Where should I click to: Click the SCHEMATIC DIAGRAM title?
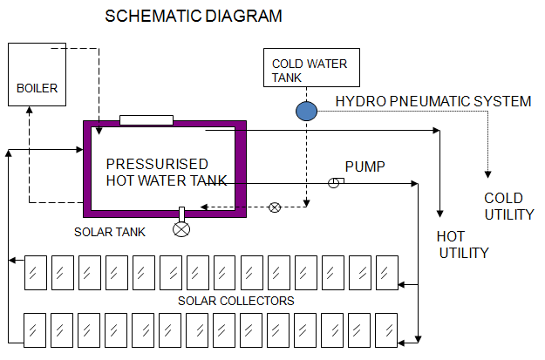coord(194,17)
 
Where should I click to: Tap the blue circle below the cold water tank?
coord(306,111)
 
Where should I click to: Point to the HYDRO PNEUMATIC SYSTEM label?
coord(433,102)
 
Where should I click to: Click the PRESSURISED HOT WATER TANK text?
coord(166,173)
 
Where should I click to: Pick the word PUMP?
coord(365,166)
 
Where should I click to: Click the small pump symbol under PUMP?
coord(334,182)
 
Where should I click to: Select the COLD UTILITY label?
coord(509,207)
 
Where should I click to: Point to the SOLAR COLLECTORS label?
coord(236,301)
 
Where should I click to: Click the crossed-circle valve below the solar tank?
coord(181,229)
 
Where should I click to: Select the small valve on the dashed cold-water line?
coord(275,207)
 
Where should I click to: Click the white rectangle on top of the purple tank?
coord(146,119)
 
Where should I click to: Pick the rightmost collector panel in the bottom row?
coord(386,330)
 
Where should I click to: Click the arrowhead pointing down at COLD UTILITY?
coord(488,170)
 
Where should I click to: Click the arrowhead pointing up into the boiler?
coord(30,112)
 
